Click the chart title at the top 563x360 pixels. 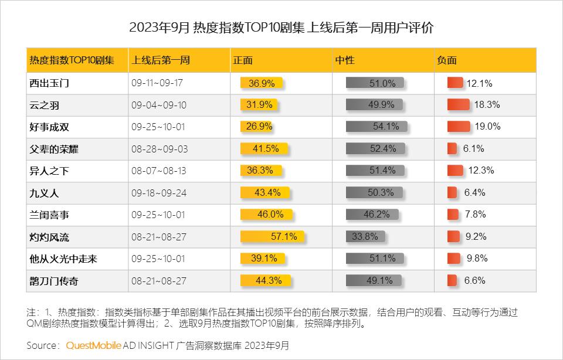click(281, 28)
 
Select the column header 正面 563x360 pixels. click(243, 60)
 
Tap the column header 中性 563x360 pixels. click(345, 60)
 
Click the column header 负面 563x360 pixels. click(447, 60)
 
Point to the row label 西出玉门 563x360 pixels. click(49, 83)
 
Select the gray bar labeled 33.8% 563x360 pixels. click(365, 237)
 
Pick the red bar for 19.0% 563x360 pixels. click(459, 127)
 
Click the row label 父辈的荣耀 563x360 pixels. click(53, 149)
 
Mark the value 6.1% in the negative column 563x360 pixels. click(473, 149)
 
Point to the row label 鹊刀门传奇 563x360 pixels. click(53, 281)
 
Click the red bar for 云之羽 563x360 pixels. click(459, 105)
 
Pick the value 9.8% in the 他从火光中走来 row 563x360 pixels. click(477, 259)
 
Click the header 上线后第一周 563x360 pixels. click(161, 60)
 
